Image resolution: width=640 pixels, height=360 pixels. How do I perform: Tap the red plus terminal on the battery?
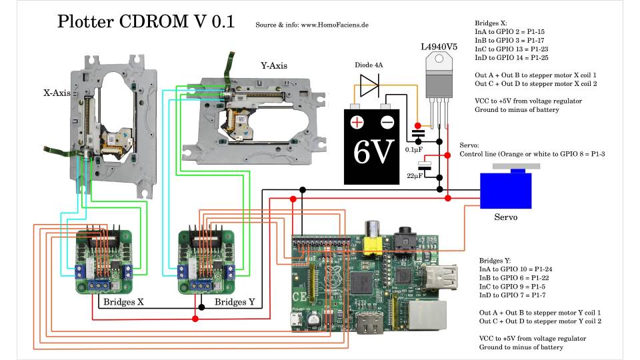point(357,122)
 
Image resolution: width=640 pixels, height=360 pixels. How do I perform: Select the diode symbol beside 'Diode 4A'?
point(369,85)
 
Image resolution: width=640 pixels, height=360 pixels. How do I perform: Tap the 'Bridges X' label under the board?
point(123,302)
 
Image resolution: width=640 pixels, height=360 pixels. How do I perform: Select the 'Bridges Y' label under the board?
point(235,302)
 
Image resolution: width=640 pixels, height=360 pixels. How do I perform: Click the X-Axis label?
point(57,93)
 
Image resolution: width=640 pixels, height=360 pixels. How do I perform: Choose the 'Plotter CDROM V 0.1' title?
point(146,21)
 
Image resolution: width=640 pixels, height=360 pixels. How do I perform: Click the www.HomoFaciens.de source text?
point(335,25)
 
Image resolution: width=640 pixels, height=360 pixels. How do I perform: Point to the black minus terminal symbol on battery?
point(386,122)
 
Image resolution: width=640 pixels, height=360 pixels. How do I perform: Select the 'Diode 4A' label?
point(369,65)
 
